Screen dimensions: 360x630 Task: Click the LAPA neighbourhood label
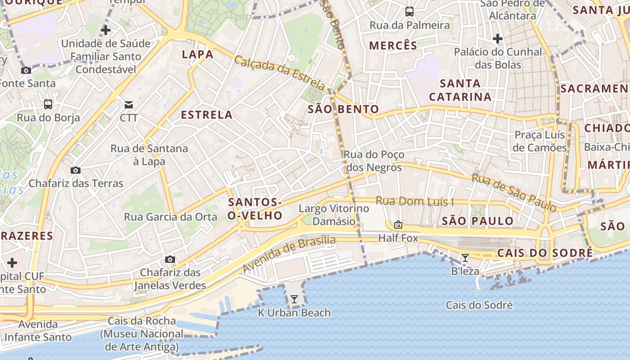tap(198, 54)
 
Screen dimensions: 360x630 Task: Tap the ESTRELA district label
tap(207, 115)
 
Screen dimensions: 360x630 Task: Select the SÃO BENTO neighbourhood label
tap(343, 109)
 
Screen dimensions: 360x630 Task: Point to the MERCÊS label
tap(393, 45)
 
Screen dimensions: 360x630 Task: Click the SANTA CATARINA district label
tap(460, 90)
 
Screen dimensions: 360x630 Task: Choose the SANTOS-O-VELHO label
tap(255, 209)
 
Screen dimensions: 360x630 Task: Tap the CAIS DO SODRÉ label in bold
tap(544, 253)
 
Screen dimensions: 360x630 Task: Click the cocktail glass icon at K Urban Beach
tap(294, 299)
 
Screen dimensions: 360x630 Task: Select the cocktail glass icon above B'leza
tap(465, 258)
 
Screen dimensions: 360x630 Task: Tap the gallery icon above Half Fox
tap(398, 224)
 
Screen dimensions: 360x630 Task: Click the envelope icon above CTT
tap(129, 105)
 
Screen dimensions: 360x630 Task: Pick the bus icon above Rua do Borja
tap(48, 104)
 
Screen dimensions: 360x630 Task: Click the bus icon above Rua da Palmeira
tap(409, 12)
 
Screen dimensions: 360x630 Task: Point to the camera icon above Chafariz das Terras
tap(76, 170)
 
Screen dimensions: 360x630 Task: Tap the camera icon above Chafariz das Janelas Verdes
tap(170, 259)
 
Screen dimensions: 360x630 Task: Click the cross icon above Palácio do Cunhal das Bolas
tap(498, 39)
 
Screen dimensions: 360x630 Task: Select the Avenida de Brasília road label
tap(289, 254)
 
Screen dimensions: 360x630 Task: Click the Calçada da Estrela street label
tap(279, 72)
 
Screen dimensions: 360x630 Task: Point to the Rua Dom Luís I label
tap(414, 201)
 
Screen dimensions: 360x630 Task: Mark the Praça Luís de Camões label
tap(540, 141)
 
